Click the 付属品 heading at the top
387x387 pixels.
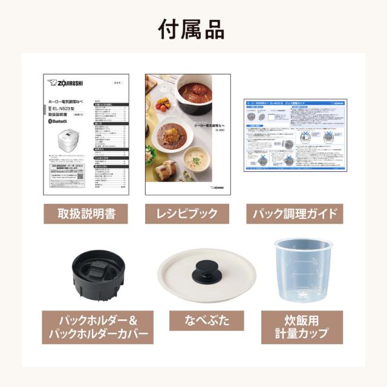(193, 28)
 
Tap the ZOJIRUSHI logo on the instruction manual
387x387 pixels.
(68, 83)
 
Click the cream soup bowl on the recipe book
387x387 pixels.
(196, 160)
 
